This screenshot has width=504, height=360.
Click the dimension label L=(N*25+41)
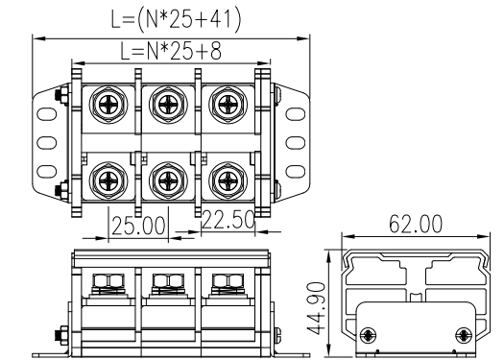[x=176, y=20]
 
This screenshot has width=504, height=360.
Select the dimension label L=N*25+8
[x=171, y=51]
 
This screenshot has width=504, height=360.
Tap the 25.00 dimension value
[x=138, y=226]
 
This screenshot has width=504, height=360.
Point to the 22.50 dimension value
[x=228, y=220]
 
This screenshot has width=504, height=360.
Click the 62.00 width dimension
[x=416, y=224]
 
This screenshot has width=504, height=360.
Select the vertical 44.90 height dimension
[x=315, y=309]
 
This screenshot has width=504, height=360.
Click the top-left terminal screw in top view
[x=108, y=105]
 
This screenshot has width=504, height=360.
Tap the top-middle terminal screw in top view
[x=168, y=105]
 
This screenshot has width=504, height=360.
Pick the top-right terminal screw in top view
[x=228, y=105]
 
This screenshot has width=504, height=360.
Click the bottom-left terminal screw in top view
[x=108, y=181]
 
